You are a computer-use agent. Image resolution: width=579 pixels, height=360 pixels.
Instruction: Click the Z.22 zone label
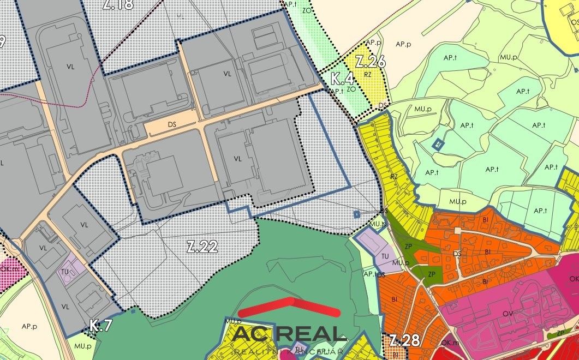coord(202,247)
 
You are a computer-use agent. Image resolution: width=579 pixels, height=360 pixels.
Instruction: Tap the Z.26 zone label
coord(370,62)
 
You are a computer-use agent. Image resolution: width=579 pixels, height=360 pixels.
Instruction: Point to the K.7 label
coord(101,326)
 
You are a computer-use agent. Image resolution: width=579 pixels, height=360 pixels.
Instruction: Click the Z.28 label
coord(404,341)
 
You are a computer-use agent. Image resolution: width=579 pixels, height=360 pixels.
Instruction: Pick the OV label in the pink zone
coord(507,313)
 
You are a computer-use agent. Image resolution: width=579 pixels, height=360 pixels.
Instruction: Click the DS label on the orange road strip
coord(172,125)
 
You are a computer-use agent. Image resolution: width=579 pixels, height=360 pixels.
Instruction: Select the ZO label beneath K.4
coord(351,88)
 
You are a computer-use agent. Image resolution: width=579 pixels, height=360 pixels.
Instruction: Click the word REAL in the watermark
coord(314,333)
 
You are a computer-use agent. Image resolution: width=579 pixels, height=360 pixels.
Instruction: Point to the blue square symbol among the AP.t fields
coord(437,144)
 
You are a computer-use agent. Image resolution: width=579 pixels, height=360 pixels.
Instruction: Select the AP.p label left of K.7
coord(29,326)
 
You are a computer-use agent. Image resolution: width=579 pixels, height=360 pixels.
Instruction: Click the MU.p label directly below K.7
coord(82,346)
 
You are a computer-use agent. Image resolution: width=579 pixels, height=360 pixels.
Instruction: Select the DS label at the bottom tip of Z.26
coord(384,105)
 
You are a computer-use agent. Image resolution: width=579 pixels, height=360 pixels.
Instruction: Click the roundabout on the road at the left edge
coord(15,244)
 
